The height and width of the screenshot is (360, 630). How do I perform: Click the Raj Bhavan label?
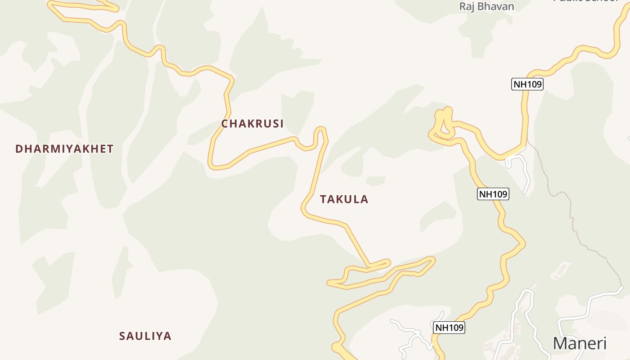click(x=486, y=6)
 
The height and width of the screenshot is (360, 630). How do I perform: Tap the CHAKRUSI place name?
click(x=252, y=124)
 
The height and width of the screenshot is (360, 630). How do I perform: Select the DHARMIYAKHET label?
click(x=64, y=149)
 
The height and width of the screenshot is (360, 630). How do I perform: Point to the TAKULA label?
click(x=344, y=199)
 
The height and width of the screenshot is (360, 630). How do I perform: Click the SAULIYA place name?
click(x=145, y=336)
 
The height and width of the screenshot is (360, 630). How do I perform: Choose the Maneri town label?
click(x=580, y=343)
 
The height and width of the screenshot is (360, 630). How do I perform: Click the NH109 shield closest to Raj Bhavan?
click(x=527, y=84)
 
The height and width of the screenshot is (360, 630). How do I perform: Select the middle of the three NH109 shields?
click(x=493, y=194)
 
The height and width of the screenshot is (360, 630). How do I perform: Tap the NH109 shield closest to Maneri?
click(x=449, y=328)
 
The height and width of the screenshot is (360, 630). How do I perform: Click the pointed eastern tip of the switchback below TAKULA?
click(x=433, y=259)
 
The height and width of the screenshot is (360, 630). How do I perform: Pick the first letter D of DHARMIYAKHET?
click(x=18, y=149)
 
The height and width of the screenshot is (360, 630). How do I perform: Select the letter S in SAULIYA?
click(x=122, y=336)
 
